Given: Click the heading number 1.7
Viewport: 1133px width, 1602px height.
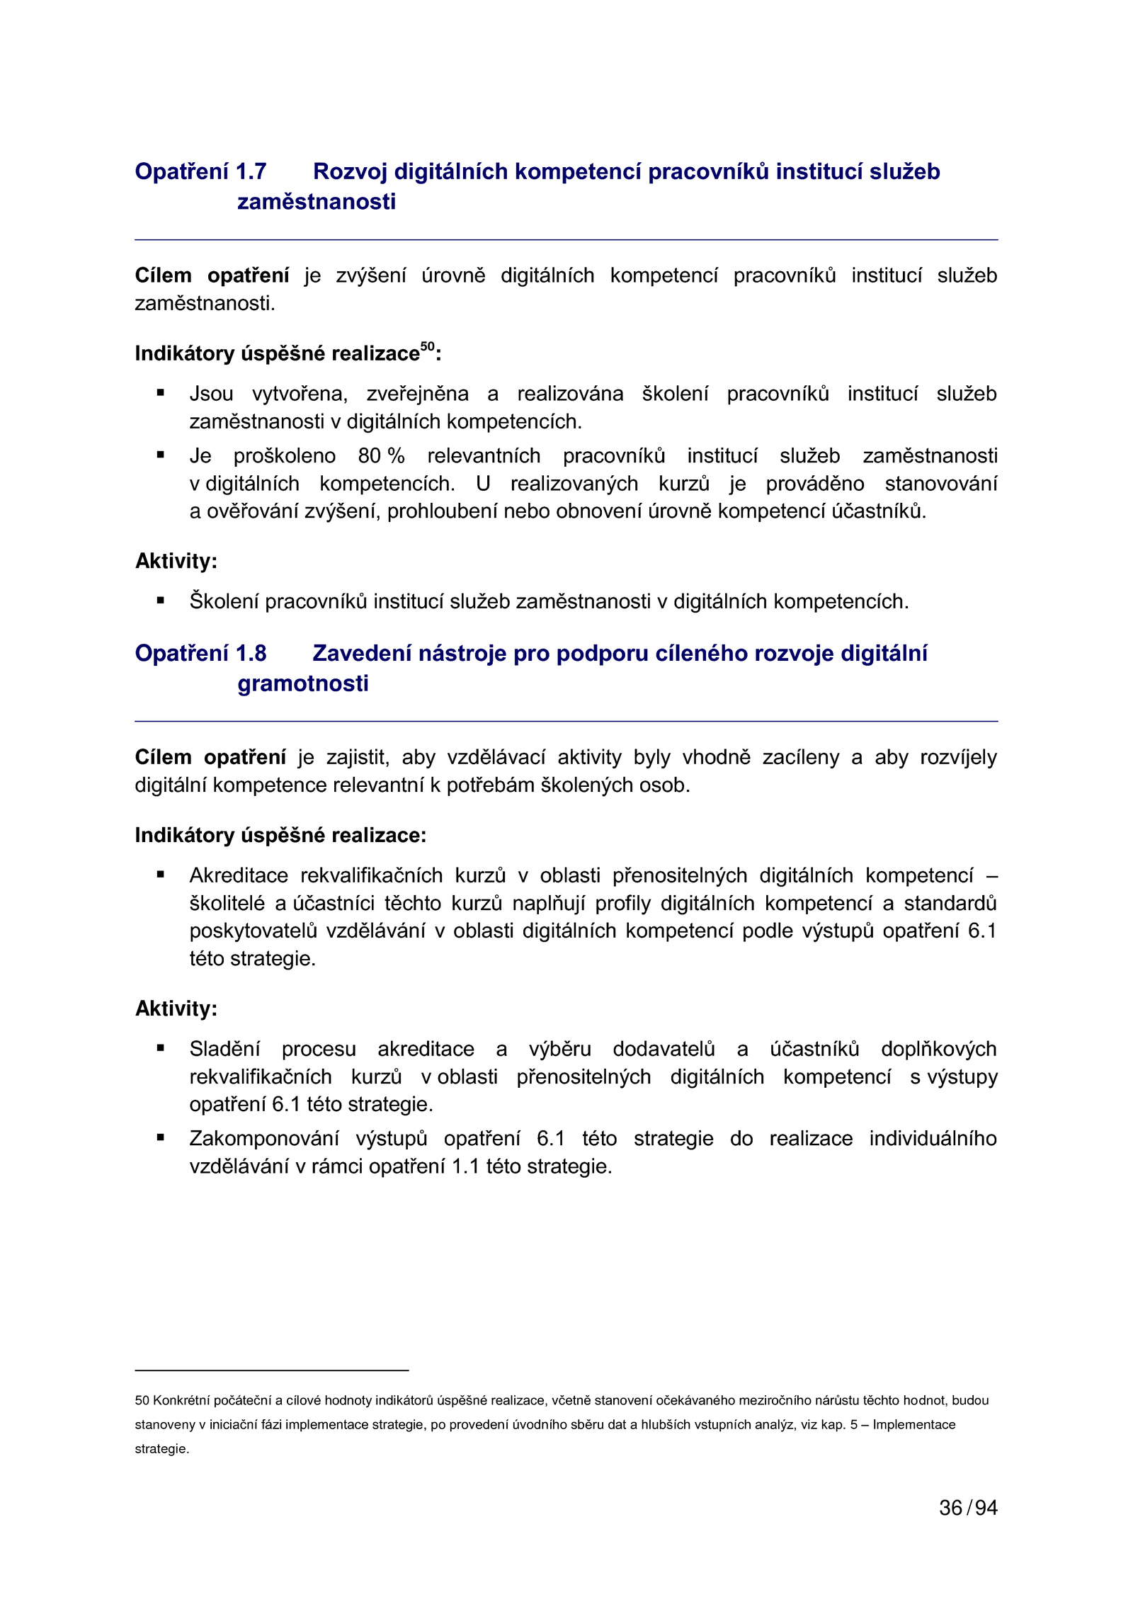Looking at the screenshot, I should [251, 172].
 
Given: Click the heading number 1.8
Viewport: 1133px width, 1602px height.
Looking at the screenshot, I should [251, 654].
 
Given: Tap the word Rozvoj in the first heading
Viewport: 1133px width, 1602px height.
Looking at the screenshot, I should [350, 172].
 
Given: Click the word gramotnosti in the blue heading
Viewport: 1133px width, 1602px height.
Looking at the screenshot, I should [303, 684].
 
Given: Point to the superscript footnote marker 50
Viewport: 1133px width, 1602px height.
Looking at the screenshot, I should [427, 346].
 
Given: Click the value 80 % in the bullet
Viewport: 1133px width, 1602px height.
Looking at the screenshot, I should [381, 456].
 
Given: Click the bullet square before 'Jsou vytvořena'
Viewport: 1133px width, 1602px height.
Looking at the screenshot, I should [161, 392].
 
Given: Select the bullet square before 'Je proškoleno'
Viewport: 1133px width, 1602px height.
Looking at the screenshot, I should [161, 455].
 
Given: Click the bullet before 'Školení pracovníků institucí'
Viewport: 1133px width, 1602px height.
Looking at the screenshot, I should [161, 601].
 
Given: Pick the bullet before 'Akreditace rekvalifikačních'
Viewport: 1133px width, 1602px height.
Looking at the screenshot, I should [161, 875].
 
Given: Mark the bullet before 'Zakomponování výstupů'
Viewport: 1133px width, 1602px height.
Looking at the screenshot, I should [161, 1137].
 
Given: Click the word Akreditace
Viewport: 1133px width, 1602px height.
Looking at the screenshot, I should [239, 876].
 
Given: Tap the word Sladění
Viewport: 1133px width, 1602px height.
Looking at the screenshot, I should [224, 1050].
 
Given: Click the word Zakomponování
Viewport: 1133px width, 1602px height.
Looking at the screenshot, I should [264, 1139].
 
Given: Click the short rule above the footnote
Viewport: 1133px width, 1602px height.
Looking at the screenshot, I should [272, 1370].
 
